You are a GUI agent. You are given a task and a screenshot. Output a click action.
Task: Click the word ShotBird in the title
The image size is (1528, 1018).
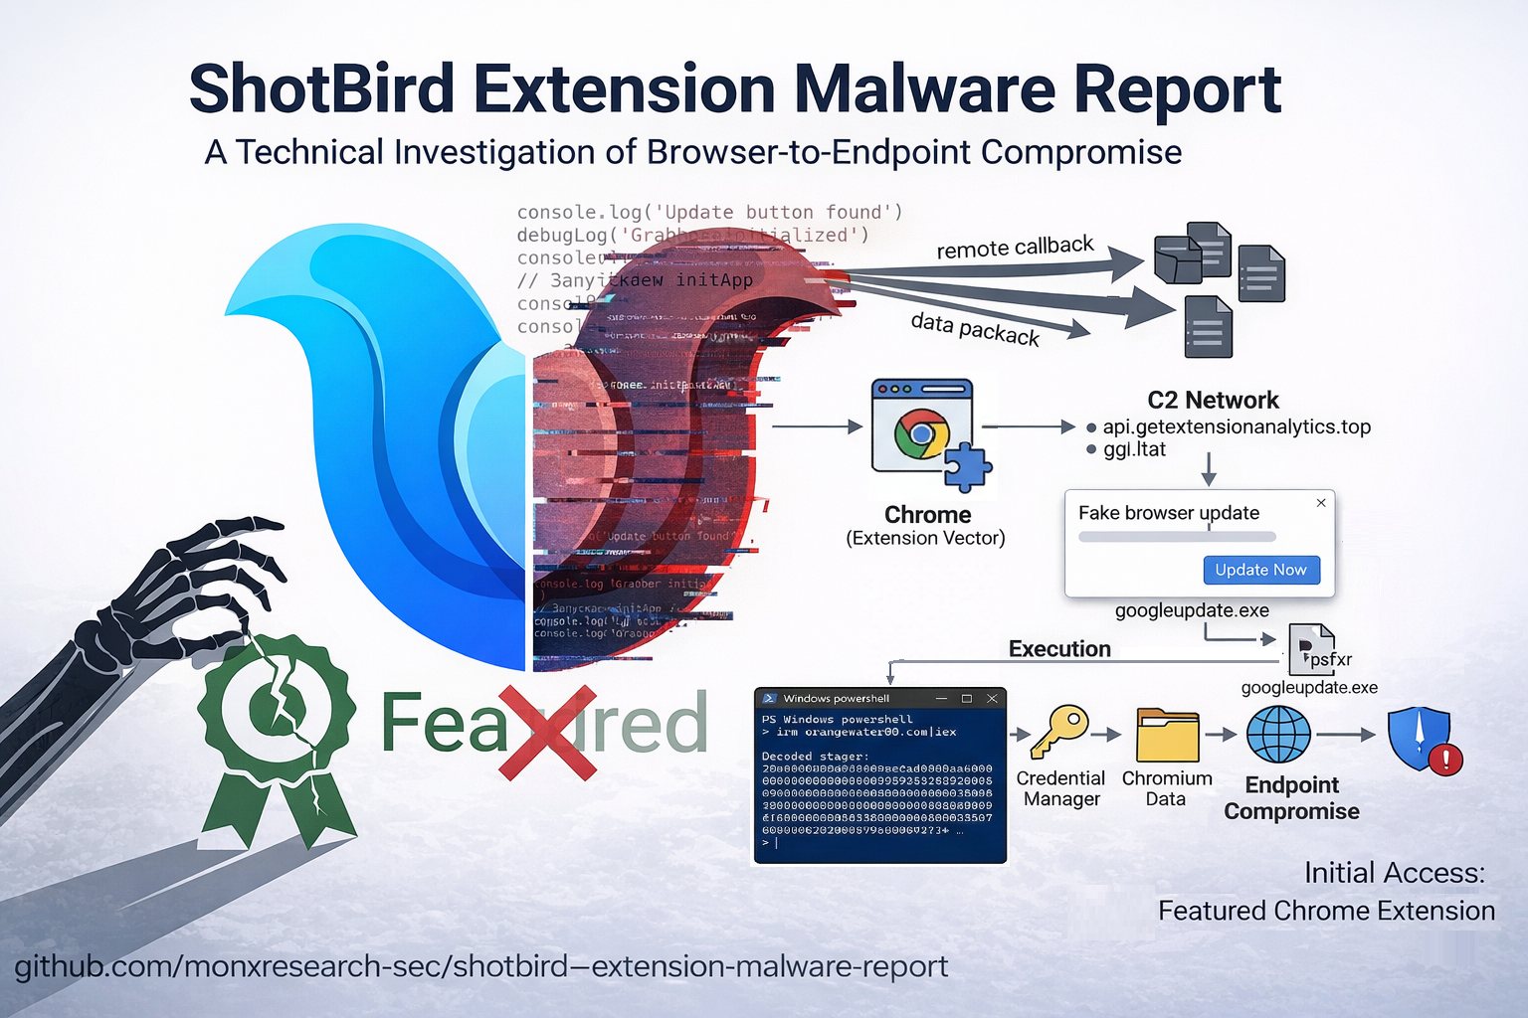click(x=321, y=89)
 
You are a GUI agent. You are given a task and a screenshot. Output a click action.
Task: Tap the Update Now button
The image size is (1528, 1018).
click(x=1260, y=570)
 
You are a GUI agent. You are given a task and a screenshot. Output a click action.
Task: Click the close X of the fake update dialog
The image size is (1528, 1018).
click(x=1321, y=503)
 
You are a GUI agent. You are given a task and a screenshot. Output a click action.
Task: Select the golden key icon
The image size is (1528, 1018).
click(x=1057, y=732)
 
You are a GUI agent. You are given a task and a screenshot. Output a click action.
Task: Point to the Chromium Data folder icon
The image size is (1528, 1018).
click(x=1167, y=735)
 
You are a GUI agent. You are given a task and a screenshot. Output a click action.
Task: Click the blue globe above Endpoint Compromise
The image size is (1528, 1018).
click(x=1278, y=736)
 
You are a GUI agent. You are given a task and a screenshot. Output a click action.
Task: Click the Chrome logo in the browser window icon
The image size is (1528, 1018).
click(x=921, y=434)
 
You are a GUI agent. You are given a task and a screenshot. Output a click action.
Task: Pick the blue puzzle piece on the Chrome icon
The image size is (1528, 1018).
click(x=966, y=467)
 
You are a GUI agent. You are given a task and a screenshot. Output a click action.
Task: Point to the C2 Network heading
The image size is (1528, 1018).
click(x=1213, y=400)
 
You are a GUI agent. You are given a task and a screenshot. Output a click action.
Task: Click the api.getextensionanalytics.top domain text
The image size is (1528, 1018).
click(x=1236, y=426)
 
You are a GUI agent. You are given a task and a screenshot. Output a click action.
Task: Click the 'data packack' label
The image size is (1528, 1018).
click(x=975, y=329)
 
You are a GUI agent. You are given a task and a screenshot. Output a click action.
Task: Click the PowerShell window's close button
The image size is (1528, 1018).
click(x=992, y=699)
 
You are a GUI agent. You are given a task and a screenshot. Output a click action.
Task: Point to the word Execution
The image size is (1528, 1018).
click(x=1059, y=649)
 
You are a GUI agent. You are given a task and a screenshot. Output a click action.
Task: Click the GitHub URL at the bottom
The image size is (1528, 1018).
click(x=481, y=966)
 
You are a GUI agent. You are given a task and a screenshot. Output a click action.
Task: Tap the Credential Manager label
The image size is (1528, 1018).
click(x=1060, y=788)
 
